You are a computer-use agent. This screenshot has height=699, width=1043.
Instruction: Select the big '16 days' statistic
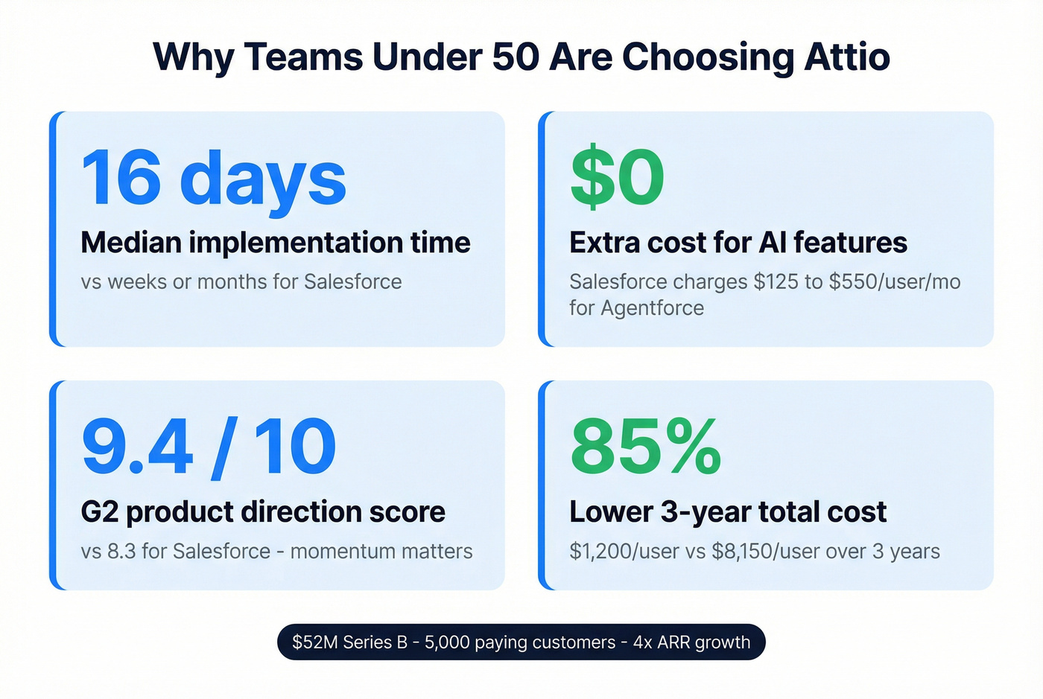(214, 179)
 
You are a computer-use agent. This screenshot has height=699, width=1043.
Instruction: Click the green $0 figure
(617, 179)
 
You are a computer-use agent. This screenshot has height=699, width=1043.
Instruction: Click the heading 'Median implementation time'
(276, 243)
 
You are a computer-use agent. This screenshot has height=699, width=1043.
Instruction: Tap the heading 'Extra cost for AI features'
(738, 243)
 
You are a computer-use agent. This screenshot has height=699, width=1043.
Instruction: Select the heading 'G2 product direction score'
(263, 512)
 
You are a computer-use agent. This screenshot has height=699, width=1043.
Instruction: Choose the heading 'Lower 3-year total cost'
(728, 512)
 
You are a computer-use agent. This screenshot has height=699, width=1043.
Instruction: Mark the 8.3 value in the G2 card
(121, 552)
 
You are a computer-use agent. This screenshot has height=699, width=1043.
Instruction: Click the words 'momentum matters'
(381, 552)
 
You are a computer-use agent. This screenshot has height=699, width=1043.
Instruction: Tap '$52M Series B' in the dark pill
(349, 642)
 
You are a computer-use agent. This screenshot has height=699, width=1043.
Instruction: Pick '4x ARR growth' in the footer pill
(692, 642)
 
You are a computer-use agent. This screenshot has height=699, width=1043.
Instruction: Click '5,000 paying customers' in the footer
(520, 642)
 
